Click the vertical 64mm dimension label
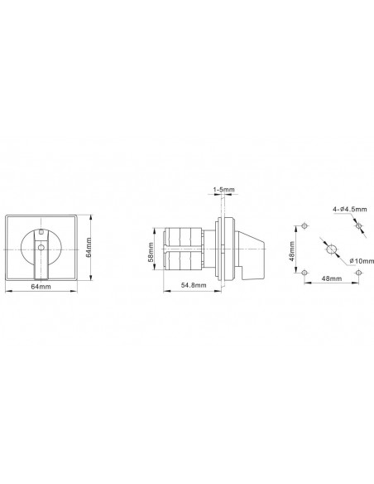89,247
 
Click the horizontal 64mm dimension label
41,287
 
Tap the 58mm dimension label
151,252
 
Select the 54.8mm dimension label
194,285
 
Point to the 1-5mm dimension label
223,190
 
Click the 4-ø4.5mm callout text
350,210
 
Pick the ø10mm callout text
362,261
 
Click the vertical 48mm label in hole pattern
292,251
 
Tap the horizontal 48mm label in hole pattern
332,278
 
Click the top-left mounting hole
304,226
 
